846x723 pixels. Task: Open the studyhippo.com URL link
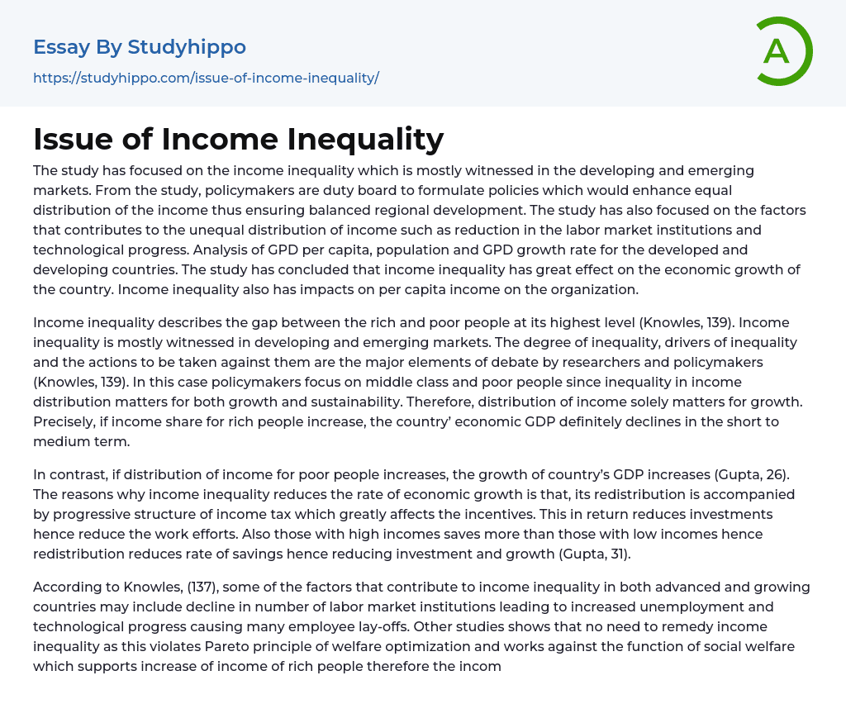click(206, 78)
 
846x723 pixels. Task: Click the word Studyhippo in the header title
click(187, 47)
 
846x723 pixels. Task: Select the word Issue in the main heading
click(74, 140)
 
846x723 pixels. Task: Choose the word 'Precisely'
click(64, 422)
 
